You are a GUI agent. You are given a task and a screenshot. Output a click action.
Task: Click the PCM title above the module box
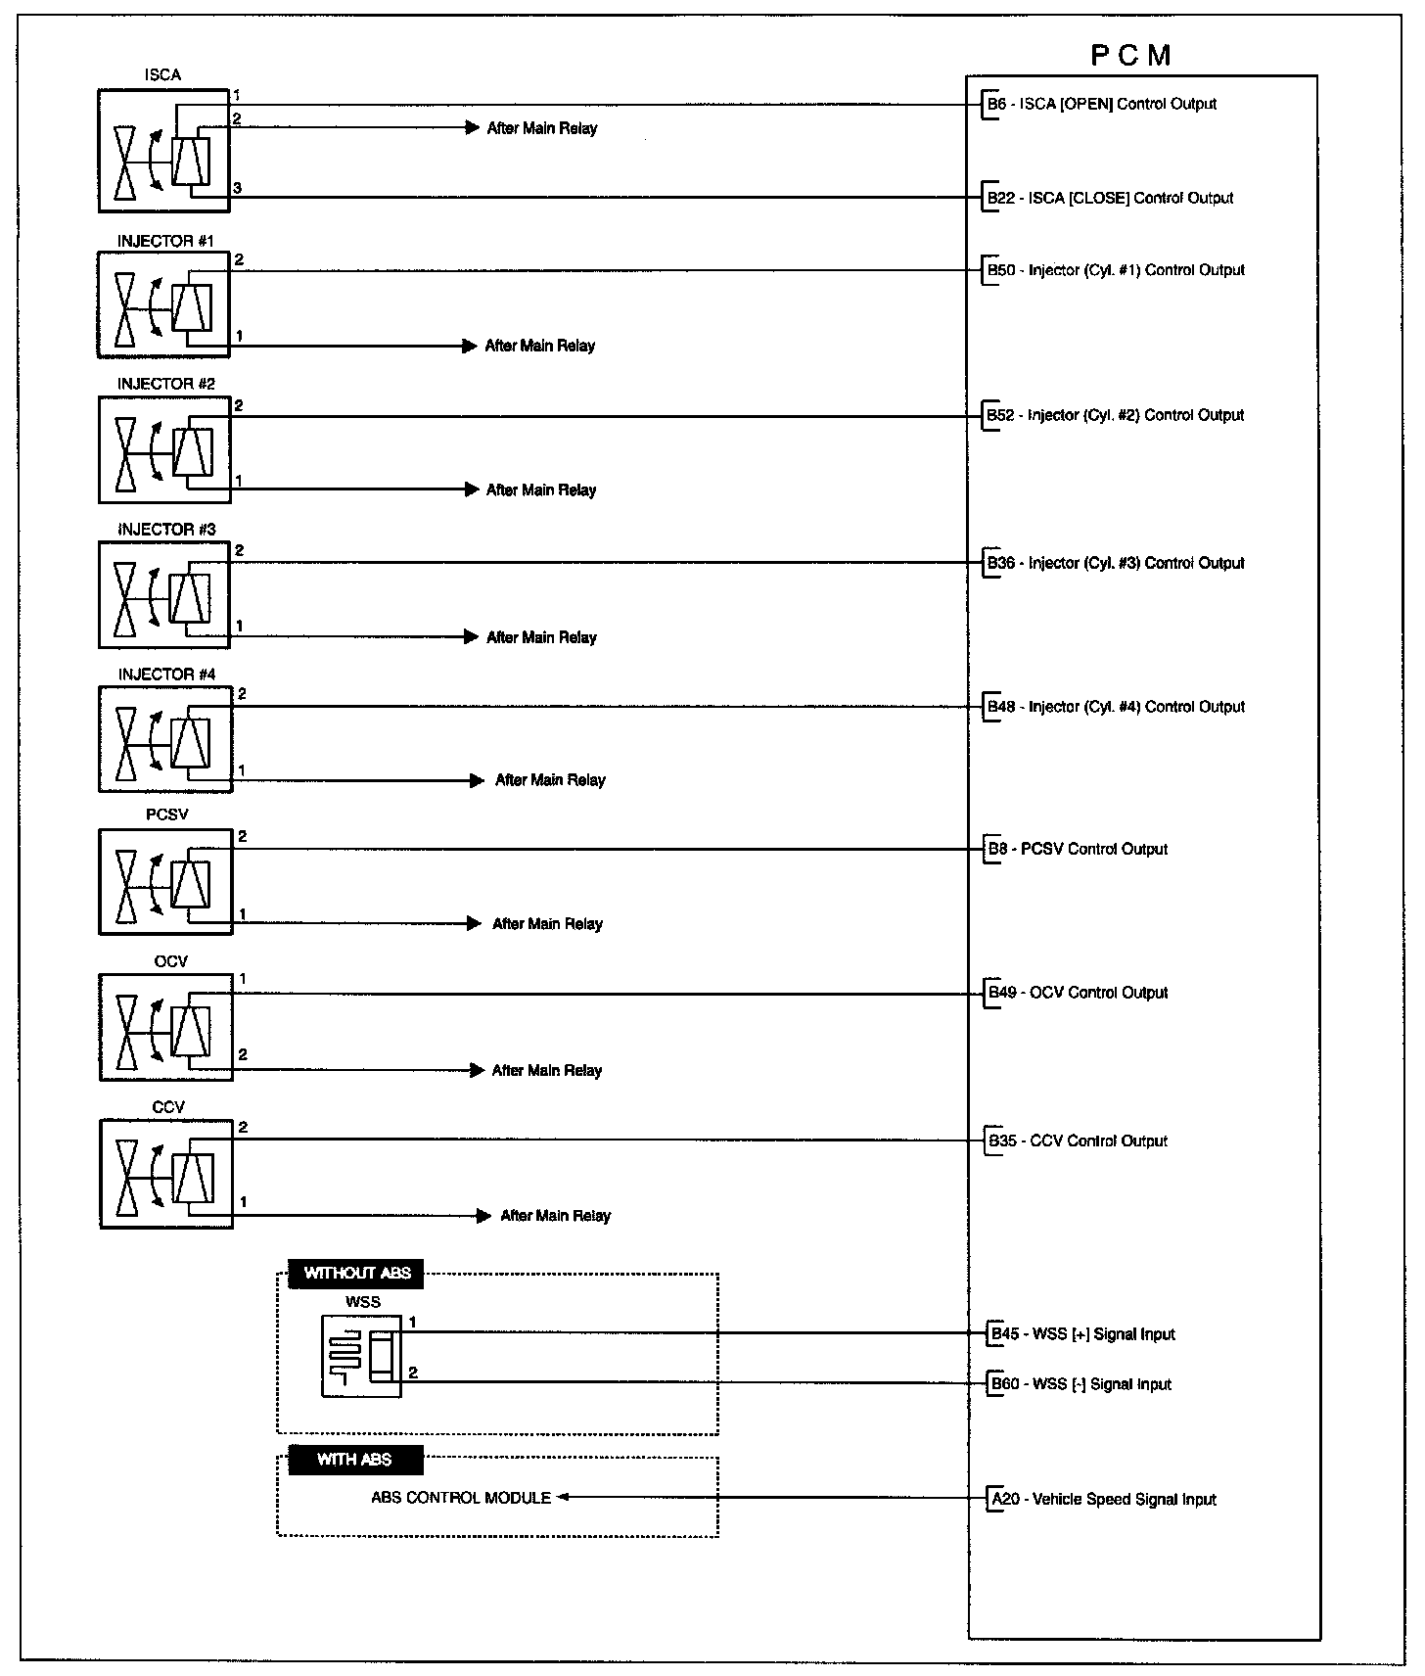(1130, 55)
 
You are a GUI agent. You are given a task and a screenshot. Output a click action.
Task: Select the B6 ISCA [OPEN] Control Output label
(1102, 104)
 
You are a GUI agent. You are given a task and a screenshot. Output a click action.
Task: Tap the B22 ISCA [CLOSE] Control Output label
(1110, 198)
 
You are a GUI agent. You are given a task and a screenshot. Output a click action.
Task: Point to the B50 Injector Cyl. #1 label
(1116, 270)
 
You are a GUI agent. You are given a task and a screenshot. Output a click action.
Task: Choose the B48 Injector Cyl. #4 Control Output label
(1116, 707)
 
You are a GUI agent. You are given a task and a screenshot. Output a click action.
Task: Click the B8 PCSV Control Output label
(1078, 849)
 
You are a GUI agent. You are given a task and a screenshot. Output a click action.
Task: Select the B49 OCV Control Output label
(1078, 993)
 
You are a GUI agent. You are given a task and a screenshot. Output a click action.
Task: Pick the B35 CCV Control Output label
(1078, 1141)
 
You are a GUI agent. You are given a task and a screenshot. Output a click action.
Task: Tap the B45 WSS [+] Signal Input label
(1081, 1333)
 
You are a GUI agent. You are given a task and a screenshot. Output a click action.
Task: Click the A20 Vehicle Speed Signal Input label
(1104, 1499)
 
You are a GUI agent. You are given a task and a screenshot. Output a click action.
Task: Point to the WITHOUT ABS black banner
(357, 1274)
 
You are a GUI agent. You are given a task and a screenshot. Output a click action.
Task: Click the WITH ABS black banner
(354, 1460)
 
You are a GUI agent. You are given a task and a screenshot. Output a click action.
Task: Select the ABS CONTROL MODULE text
(461, 1498)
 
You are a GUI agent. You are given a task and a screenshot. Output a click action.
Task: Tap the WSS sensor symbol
(360, 1356)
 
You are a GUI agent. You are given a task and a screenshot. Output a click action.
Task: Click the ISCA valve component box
(163, 151)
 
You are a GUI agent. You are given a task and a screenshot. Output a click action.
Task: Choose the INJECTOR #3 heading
(166, 530)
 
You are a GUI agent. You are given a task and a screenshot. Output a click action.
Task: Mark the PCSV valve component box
(166, 881)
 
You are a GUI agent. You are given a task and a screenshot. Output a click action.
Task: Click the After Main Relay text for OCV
(547, 1070)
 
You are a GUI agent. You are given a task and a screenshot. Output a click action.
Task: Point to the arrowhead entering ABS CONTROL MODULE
(563, 1497)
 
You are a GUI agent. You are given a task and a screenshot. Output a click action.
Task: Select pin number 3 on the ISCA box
(238, 188)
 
